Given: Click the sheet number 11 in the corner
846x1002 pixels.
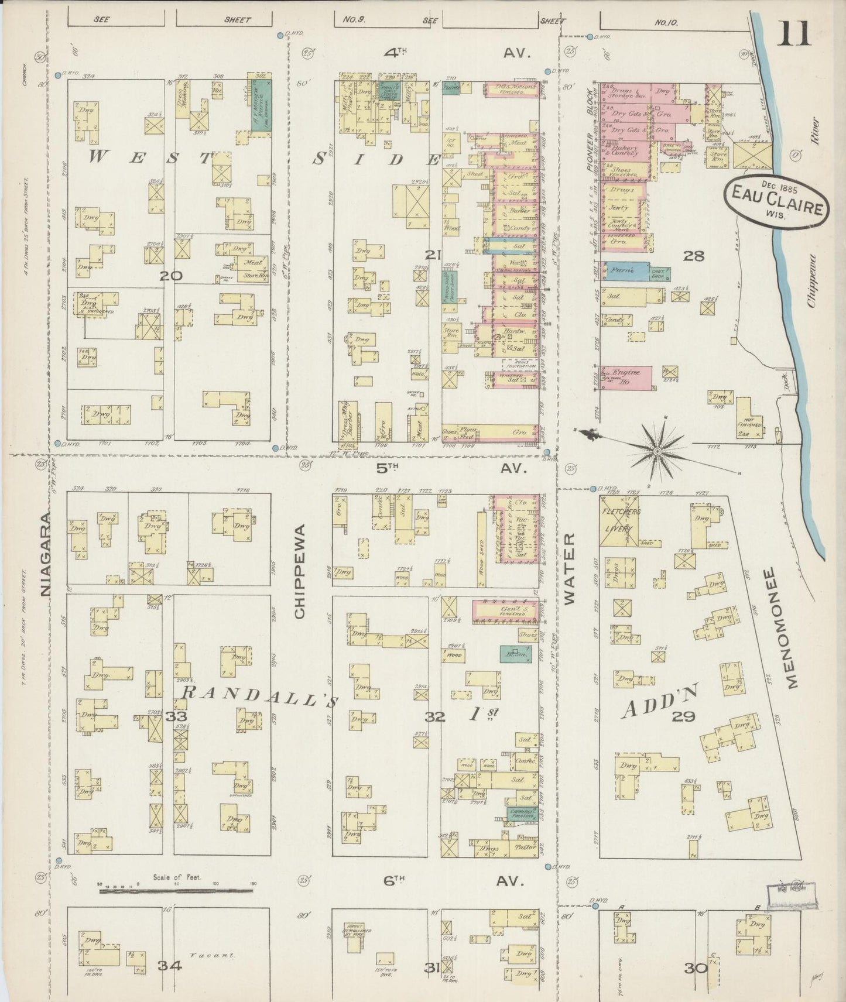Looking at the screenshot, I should tap(793, 33).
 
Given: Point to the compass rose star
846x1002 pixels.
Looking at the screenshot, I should tap(657, 451).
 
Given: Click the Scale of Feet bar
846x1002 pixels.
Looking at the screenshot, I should tap(176, 892).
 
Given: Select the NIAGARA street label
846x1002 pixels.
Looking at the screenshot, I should tap(47, 553).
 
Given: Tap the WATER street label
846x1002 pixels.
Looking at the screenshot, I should tap(570, 568).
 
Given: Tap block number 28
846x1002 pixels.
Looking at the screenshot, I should tap(696, 255).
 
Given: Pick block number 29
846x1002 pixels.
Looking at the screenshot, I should tap(683, 716).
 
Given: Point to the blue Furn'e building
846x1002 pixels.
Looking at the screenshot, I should tap(622, 271).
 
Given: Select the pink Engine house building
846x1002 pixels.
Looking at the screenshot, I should tap(625, 377).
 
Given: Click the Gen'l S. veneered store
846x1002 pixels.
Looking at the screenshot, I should tap(505, 610).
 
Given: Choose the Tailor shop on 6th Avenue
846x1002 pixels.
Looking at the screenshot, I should tap(522, 847).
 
